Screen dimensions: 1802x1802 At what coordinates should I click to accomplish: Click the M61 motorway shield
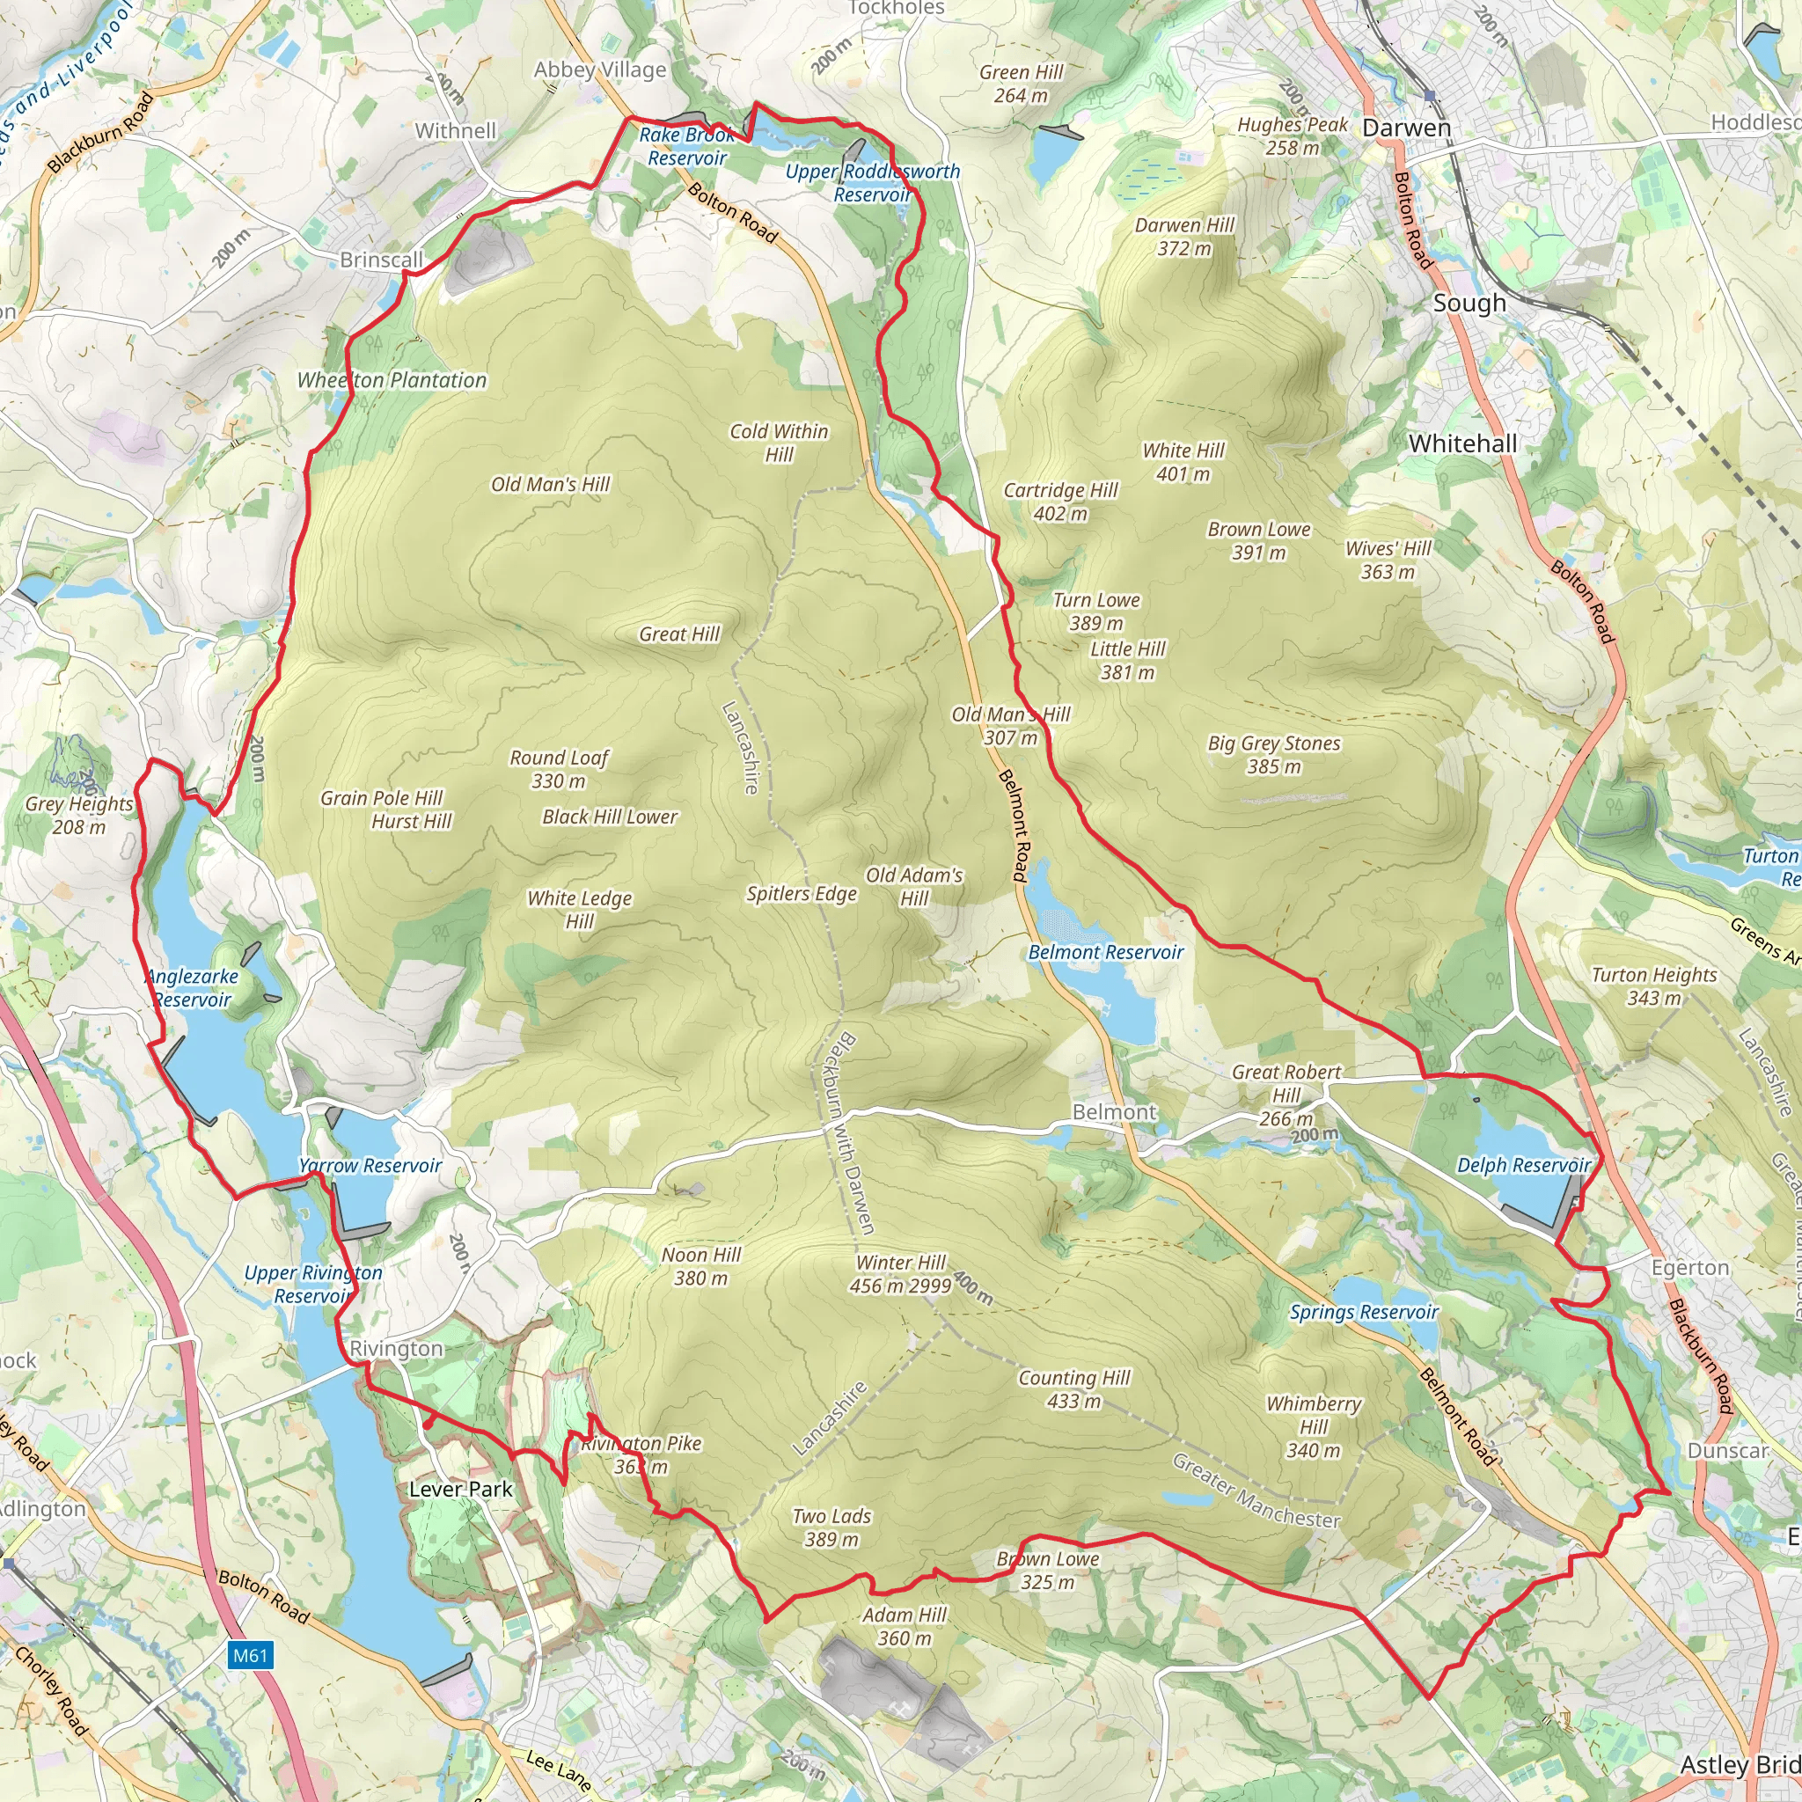coord(250,1656)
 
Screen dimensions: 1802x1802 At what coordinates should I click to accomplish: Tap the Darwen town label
coord(1407,128)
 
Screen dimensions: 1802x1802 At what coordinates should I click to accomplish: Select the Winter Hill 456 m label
coord(900,1274)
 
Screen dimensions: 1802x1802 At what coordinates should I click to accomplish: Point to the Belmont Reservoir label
coord(1105,952)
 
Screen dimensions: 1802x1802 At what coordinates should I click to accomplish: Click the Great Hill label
coord(679,634)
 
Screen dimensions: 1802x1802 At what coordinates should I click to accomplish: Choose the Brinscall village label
coord(382,260)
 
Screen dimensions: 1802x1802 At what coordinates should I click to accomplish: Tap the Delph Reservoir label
coord(1523,1165)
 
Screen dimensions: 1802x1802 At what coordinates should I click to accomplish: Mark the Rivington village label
coord(397,1349)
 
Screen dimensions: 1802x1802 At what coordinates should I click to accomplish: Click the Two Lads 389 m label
coord(831,1527)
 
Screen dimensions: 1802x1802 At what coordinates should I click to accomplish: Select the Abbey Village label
coord(600,70)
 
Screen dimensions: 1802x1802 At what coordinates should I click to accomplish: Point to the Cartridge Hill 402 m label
coord(1060,502)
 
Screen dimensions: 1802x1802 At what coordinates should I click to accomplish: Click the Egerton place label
coord(1690,1268)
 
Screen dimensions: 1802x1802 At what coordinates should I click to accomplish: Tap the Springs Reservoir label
coord(1364,1312)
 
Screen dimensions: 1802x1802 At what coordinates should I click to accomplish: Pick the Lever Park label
coord(461,1490)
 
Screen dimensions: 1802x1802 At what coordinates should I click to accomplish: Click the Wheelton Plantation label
coord(392,380)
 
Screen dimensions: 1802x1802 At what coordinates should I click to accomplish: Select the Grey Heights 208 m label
coord(79,815)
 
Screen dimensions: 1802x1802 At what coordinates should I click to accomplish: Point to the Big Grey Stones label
coord(1274,755)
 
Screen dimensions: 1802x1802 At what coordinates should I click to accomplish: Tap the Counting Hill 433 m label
coord(1073,1388)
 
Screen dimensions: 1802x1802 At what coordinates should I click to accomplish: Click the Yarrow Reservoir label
coord(370,1166)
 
